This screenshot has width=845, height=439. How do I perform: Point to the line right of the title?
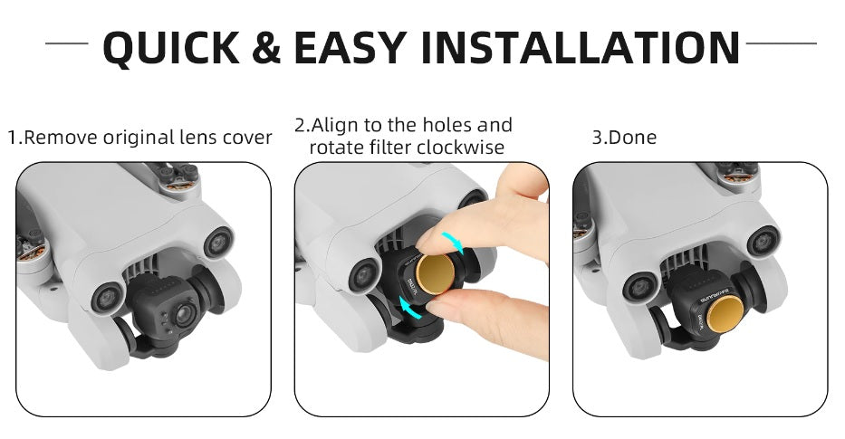coord(780,43)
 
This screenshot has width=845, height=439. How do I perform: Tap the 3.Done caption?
coord(624,138)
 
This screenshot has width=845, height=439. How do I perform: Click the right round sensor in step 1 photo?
coord(217,241)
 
